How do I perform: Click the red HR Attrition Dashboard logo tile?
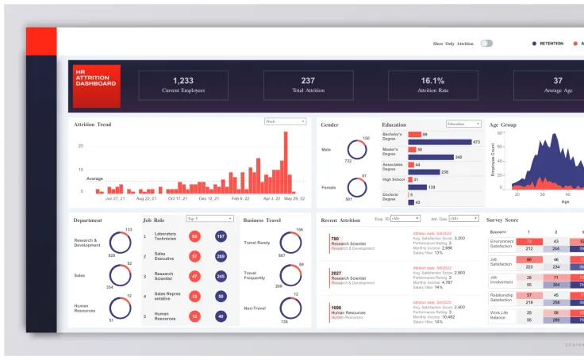click(97, 86)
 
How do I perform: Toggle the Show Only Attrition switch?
click(486, 44)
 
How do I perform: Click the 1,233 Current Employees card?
click(183, 85)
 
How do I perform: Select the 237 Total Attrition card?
click(308, 85)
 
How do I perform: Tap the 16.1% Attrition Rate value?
click(432, 81)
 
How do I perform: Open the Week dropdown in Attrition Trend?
click(285, 122)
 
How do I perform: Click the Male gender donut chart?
click(356, 150)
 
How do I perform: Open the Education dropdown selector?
click(463, 124)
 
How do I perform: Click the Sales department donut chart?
click(120, 276)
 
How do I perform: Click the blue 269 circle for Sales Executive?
click(220, 256)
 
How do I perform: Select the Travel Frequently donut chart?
click(291, 275)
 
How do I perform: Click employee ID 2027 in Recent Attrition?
click(336, 273)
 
